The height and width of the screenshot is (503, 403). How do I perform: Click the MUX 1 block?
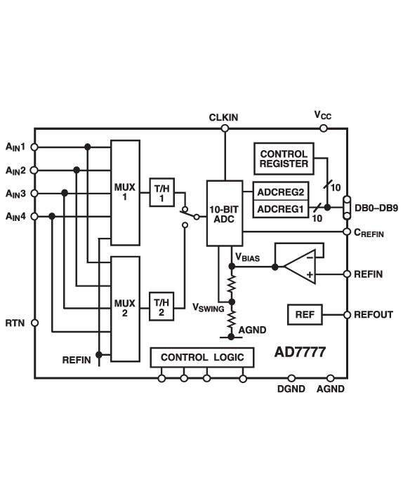[x=125, y=192]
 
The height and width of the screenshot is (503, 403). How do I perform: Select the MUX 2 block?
[x=125, y=308]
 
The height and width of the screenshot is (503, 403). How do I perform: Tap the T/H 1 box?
[x=161, y=192]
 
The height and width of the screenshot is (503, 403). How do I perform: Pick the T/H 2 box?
[x=161, y=307]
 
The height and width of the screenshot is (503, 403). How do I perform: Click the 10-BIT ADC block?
[x=225, y=213]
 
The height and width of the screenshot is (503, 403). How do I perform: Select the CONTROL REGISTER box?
[x=284, y=159]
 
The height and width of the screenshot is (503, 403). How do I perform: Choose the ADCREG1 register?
[x=280, y=208]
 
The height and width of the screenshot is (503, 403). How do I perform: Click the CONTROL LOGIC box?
[x=202, y=358]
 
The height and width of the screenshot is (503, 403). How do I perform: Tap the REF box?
[x=305, y=315]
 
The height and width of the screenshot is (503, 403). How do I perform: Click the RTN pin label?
[x=15, y=323]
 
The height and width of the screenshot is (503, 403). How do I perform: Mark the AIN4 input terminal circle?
[x=34, y=216]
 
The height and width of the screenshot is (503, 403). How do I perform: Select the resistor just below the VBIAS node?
[x=230, y=283]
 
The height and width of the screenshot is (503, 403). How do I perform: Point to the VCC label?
[x=322, y=116]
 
